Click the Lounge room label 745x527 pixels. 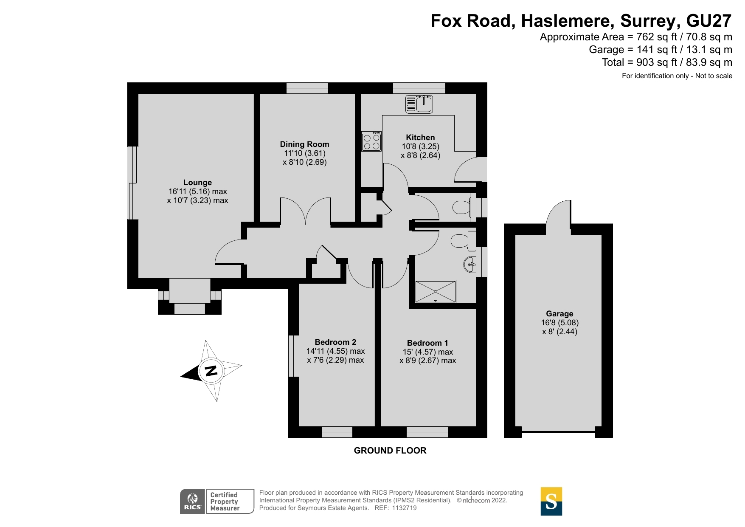[x=197, y=183]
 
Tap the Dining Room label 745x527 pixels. [x=304, y=144]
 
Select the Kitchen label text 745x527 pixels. [x=420, y=137]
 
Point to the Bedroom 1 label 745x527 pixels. [x=427, y=343]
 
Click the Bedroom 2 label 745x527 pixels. [x=335, y=342]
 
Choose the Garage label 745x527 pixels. [x=559, y=313]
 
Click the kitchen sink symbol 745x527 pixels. [x=419, y=104]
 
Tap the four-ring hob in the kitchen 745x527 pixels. [x=371, y=142]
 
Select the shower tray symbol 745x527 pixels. [x=435, y=291]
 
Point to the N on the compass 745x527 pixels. [x=211, y=371]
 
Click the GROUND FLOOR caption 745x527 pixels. [x=390, y=451]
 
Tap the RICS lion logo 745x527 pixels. [x=193, y=502]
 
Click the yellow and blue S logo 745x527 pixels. [x=551, y=502]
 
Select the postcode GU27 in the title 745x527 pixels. [x=709, y=21]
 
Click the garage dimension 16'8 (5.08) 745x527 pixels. [x=559, y=323]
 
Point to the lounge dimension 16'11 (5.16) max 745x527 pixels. [x=197, y=192]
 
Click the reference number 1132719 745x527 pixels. [x=404, y=508]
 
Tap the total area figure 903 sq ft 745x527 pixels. [x=657, y=62]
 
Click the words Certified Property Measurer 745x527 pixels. [x=225, y=502]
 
